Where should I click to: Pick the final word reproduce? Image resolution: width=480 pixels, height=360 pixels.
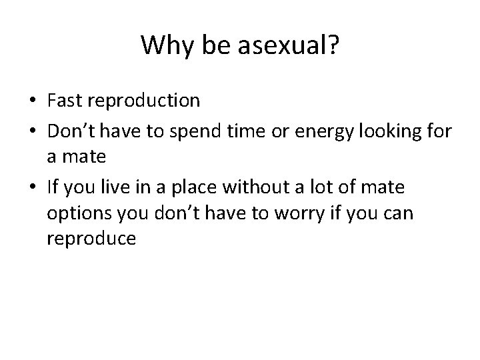91,239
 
